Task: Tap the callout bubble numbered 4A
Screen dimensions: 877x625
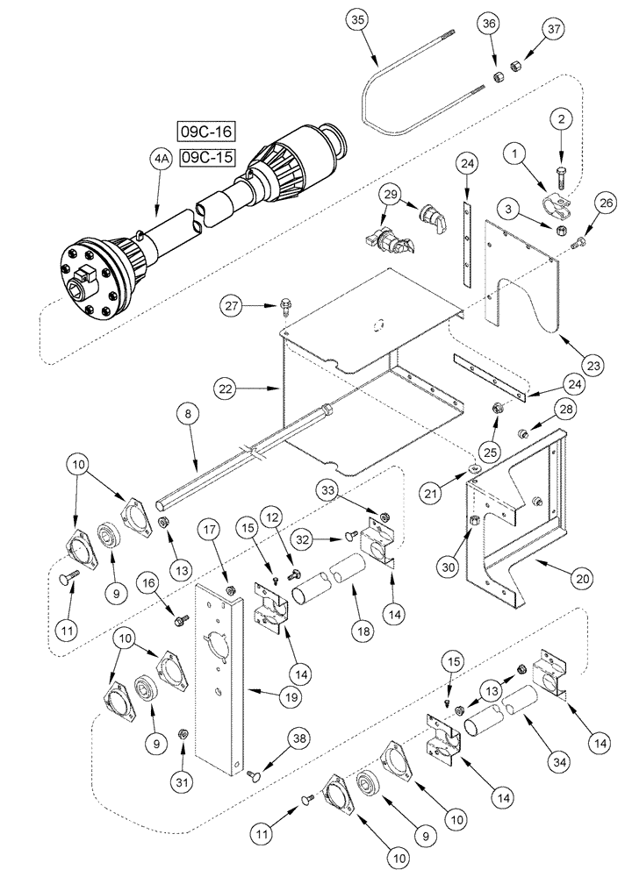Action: tap(160, 160)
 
